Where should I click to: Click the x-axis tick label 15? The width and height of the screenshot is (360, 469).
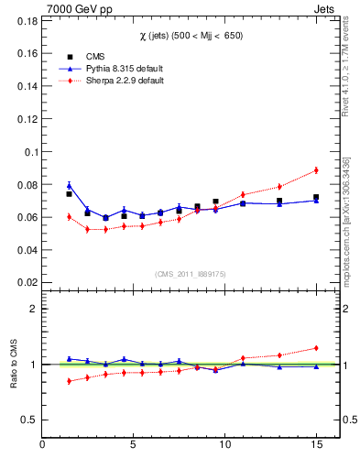click(316, 445)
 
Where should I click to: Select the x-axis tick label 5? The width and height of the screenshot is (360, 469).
click(134, 445)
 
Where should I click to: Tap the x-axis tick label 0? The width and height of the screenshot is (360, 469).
click(42, 445)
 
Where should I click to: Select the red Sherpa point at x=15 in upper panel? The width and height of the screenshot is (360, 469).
click(316, 169)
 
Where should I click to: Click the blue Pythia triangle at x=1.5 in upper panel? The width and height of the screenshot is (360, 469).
click(69, 185)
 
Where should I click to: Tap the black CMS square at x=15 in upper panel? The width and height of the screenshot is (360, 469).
click(316, 197)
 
